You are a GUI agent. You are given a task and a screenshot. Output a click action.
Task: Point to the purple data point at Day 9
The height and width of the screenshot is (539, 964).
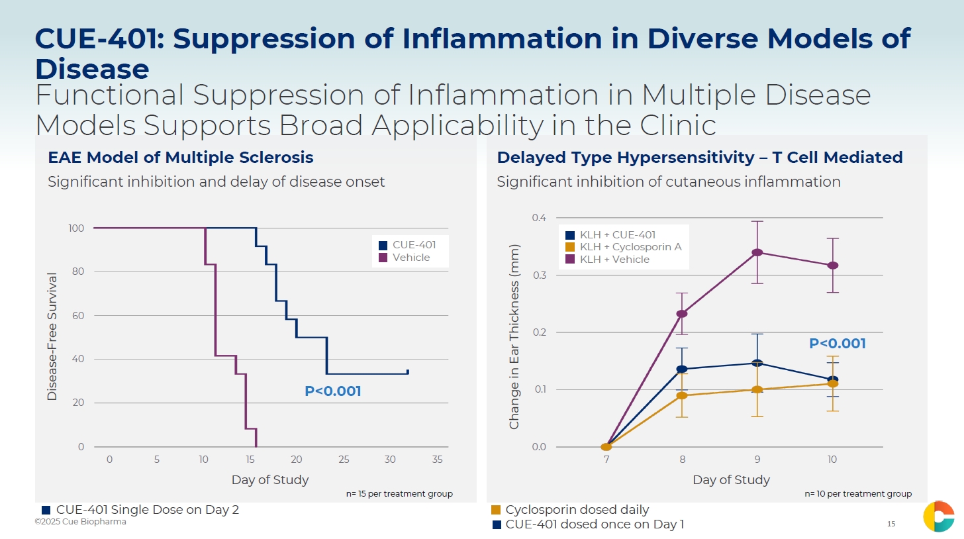click(757, 252)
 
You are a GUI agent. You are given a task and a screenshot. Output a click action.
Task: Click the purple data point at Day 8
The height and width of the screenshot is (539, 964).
click(682, 313)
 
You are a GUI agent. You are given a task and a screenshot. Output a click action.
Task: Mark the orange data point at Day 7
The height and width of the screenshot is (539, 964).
click(606, 447)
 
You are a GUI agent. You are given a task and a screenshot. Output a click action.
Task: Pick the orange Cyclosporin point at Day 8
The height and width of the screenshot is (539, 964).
click(682, 395)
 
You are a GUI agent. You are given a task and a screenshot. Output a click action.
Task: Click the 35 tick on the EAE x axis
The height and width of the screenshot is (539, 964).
click(437, 460)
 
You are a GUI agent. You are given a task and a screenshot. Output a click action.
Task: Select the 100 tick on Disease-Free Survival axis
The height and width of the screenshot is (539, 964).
click(76, 228)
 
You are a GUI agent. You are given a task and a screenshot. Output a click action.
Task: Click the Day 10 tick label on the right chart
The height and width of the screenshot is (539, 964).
click(832, 460)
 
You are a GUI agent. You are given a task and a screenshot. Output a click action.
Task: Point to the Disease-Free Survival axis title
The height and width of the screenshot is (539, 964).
click(52, 336)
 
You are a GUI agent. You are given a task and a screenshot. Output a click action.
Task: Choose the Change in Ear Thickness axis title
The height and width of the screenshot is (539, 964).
click(514, 336)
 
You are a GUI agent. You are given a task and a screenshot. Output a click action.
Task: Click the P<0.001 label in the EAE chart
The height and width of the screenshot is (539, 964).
click(333, 391)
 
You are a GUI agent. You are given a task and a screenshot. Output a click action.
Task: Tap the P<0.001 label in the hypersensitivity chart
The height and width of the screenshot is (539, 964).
click(838, 344)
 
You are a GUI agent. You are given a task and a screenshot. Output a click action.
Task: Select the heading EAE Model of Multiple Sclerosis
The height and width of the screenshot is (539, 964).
click(181, 158)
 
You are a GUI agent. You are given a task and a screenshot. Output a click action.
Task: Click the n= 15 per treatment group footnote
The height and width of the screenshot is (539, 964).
click(399, 494)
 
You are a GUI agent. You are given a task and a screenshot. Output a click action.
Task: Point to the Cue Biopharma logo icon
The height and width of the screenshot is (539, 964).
click(939, 516)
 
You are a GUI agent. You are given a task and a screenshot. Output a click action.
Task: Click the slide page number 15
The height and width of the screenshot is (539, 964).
click(891, 524)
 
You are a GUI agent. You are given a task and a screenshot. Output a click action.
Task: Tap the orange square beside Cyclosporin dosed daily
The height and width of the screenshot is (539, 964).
click(496, 510)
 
